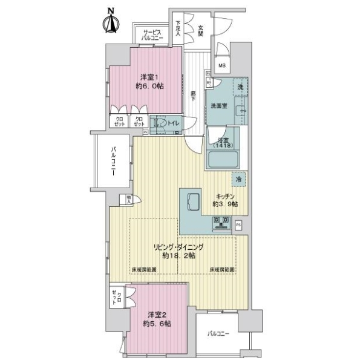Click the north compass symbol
point(111,22)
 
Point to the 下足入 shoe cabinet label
point(178,30)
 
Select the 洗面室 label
point(218,106)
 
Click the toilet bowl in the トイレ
point(160,123)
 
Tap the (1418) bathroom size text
point(222,146)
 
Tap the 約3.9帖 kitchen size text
point(225,204)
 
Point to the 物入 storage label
point(129,198)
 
